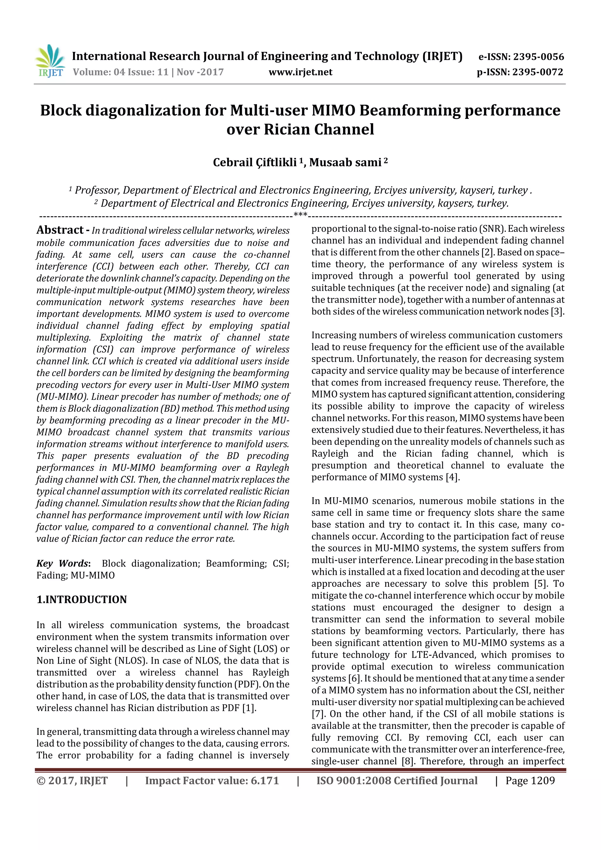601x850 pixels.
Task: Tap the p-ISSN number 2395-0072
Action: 538,72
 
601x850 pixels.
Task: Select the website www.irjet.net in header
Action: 300,72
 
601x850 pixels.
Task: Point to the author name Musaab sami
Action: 345,163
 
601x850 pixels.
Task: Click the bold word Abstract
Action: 60,230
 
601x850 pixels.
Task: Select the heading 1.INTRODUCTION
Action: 82,600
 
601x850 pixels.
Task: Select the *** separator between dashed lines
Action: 300,214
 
